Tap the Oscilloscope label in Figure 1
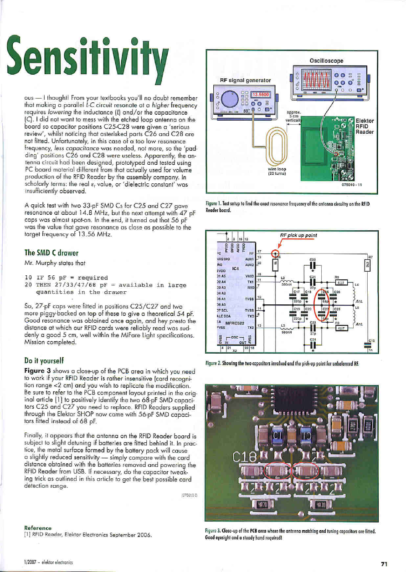coord(326,60)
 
